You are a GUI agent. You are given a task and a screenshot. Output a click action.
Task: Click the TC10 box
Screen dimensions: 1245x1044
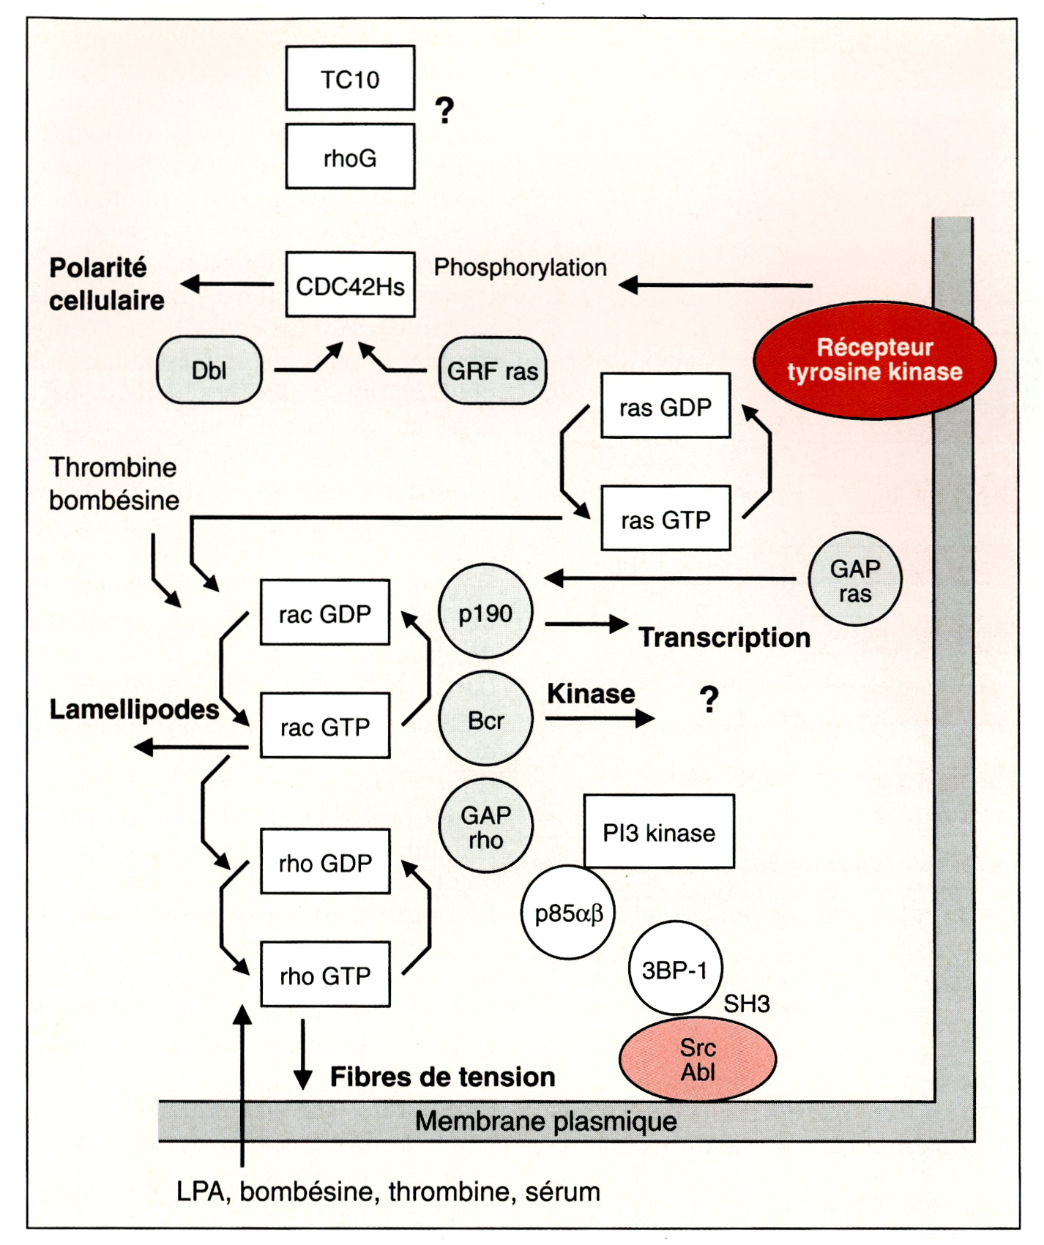tap(350, 78)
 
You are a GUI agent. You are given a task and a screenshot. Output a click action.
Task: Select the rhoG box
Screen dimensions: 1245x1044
tap(350, 157)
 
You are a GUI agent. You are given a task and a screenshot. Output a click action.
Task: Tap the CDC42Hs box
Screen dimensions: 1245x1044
tap(350, 285)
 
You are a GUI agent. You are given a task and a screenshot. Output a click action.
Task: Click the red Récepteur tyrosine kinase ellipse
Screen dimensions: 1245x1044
tap(874, 359)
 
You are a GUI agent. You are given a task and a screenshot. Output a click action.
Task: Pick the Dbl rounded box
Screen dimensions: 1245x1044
tap(209, 370)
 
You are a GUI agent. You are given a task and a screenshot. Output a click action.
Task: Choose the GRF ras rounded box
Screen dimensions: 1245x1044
tap(492, 370)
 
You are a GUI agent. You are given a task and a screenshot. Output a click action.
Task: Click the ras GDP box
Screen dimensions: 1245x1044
tap(665, 406)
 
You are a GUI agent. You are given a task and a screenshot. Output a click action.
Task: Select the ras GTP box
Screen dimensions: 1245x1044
tap(665, 518)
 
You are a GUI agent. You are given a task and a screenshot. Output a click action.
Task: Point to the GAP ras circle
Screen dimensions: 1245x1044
tap(854, 579)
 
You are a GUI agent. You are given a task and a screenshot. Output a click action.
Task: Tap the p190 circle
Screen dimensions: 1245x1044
tap(485, 611)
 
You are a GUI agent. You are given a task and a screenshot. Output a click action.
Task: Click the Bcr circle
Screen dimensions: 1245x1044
tap(485, 719)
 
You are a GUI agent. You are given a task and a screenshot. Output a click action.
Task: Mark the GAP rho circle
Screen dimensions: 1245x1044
tap(485, 826)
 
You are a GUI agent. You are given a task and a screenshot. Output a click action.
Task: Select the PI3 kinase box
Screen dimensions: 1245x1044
tap(659, 831)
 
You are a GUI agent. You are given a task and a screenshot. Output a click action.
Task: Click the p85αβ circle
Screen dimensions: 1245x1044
tap(568, 913)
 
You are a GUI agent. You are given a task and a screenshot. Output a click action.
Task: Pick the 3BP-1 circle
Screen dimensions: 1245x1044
tap(675, 968)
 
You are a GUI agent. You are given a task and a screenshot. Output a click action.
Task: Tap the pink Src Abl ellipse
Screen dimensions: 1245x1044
tap(697, 1059)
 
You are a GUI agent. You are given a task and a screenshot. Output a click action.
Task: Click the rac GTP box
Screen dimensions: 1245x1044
tap(325, 725)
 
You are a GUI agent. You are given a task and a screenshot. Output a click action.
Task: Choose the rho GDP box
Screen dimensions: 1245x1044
tap(325, 861)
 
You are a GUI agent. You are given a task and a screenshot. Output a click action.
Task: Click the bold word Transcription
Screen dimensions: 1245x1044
tap(724, 638)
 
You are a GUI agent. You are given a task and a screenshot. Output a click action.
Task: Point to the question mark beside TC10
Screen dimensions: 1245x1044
tap(444, 111)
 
